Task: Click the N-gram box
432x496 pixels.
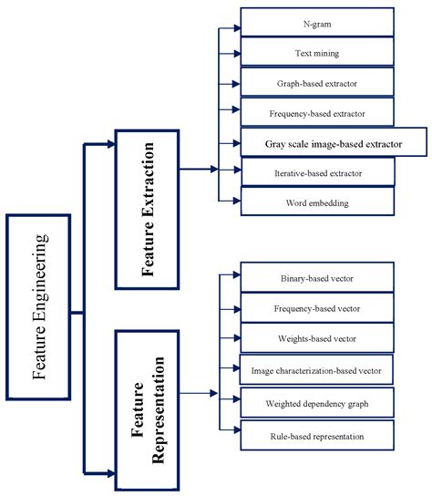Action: click(318, 23)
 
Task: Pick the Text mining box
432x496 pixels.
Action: click(318, 53)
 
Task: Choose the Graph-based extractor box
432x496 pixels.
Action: click(318, 83)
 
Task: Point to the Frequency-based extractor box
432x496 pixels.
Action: click(318, 113)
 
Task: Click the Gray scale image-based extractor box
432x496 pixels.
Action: click(334, 142)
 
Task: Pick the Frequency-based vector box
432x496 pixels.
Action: click(318, 308)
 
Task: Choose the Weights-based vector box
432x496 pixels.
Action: click(318, 338)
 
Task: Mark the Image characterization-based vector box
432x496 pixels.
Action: click(316, 369)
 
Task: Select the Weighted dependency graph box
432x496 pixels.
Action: click(318, 401)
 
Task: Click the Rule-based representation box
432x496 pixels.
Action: click(318, 436)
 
